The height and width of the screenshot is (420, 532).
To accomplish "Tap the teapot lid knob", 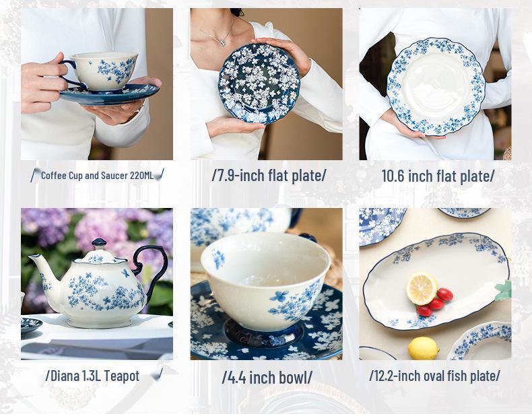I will (98, 243).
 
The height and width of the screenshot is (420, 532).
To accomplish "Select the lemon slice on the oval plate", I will (422, 288).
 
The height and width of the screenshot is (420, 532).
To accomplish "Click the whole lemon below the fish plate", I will (424, 348).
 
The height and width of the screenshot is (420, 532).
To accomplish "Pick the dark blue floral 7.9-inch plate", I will (259, 83).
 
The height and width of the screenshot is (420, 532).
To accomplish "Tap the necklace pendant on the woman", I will (222, 41).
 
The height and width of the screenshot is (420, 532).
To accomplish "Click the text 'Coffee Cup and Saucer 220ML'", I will (97, 176).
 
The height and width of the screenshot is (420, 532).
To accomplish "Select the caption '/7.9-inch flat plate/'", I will (269, 176).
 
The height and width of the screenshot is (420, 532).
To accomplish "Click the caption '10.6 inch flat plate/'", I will (438, 176).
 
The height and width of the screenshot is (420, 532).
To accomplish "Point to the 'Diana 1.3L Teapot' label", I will (92, 376).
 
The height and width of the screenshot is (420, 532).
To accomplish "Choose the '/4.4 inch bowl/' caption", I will (267, 378).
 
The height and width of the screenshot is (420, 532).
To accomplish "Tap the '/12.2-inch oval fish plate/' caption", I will (434, 376).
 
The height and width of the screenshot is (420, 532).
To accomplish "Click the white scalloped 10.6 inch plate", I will (436, 87).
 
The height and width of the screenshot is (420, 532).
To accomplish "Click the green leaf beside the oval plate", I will (503, 290).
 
